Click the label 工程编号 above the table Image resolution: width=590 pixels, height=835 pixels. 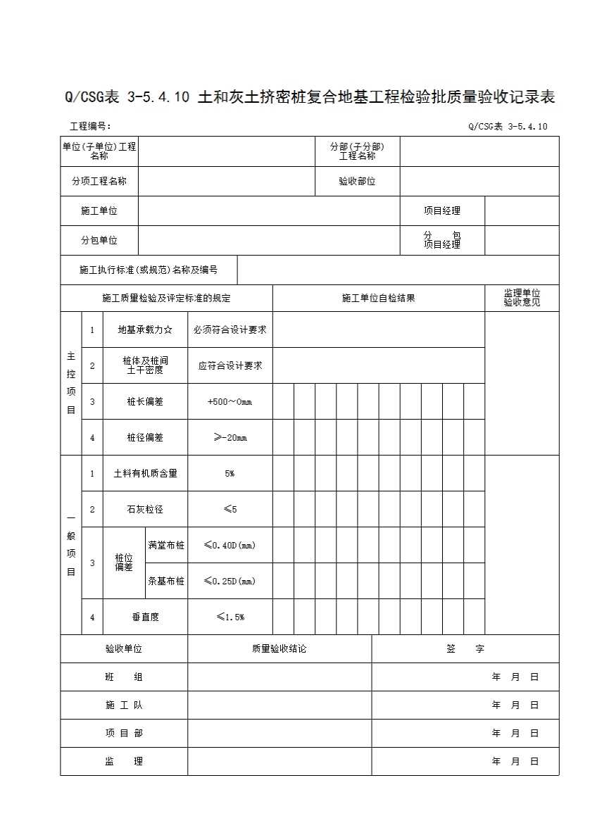coord(90,127)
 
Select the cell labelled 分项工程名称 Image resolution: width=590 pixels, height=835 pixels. coord(99,181)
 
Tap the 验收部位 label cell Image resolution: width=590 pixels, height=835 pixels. coord(357,181)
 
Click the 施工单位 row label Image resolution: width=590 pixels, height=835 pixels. coord(99,211)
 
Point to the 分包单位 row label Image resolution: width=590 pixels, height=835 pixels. coord(99,240)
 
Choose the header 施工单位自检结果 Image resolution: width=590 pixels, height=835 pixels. coord(378,298)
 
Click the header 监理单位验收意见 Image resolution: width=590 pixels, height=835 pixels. coord(522,298)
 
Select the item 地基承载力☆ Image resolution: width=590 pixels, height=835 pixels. coord(145,329)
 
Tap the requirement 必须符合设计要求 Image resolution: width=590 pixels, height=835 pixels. coord(230,329)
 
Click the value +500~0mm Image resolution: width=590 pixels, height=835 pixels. coord(230,401)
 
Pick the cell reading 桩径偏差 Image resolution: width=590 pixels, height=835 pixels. coord(145,437)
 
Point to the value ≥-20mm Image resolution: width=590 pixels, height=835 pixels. coord(230,437)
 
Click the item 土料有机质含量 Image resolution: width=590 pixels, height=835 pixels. coord(145,473)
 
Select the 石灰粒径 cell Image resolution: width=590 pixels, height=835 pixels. coord(145,509)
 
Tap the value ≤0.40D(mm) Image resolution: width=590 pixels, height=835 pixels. coord(230,545)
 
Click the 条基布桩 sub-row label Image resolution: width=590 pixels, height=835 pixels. coord(166,581)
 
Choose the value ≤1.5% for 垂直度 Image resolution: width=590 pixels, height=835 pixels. coord(230,617)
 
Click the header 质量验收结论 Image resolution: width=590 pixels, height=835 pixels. coord(279,648)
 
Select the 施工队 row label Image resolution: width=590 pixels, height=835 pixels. coord(124,705)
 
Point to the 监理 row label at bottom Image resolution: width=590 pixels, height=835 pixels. coord(124,761)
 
